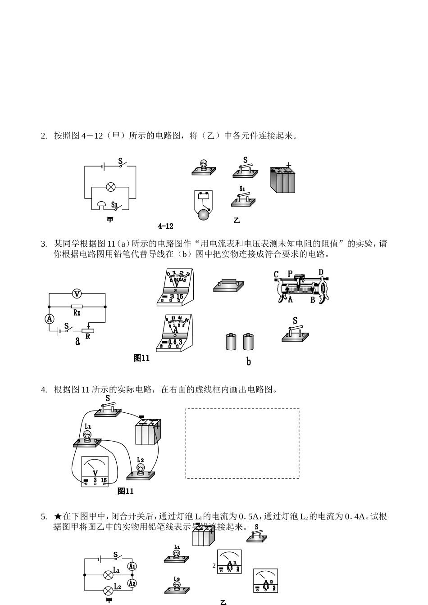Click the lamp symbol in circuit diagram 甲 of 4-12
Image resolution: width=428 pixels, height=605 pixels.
[x=110, y=187]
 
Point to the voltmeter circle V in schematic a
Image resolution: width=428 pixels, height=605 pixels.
[x=77, y=294]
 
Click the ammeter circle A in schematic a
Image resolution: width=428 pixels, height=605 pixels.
[x=50, y=319]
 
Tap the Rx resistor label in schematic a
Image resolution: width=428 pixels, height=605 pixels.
[x=77, y=312]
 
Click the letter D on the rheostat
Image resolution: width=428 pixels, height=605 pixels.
[x=321, y=272]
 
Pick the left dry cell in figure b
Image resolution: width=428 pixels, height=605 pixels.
[x=231, y=342]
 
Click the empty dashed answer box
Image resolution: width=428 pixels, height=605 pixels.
[x=242, y=443]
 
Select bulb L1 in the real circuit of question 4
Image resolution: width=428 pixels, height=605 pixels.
[x=87, y=438]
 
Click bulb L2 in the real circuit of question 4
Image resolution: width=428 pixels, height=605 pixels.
[x=141, y=470]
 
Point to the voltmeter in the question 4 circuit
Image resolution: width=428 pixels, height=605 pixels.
[x=95, y=471]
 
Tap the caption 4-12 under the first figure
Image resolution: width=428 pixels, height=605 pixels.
[x=165, y=226]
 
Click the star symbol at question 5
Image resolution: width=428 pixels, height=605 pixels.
[x=57, y=516]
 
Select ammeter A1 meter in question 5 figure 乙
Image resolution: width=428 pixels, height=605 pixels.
[x=229, y=561]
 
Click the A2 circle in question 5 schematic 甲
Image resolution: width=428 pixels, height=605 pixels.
[x=132, y=583]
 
